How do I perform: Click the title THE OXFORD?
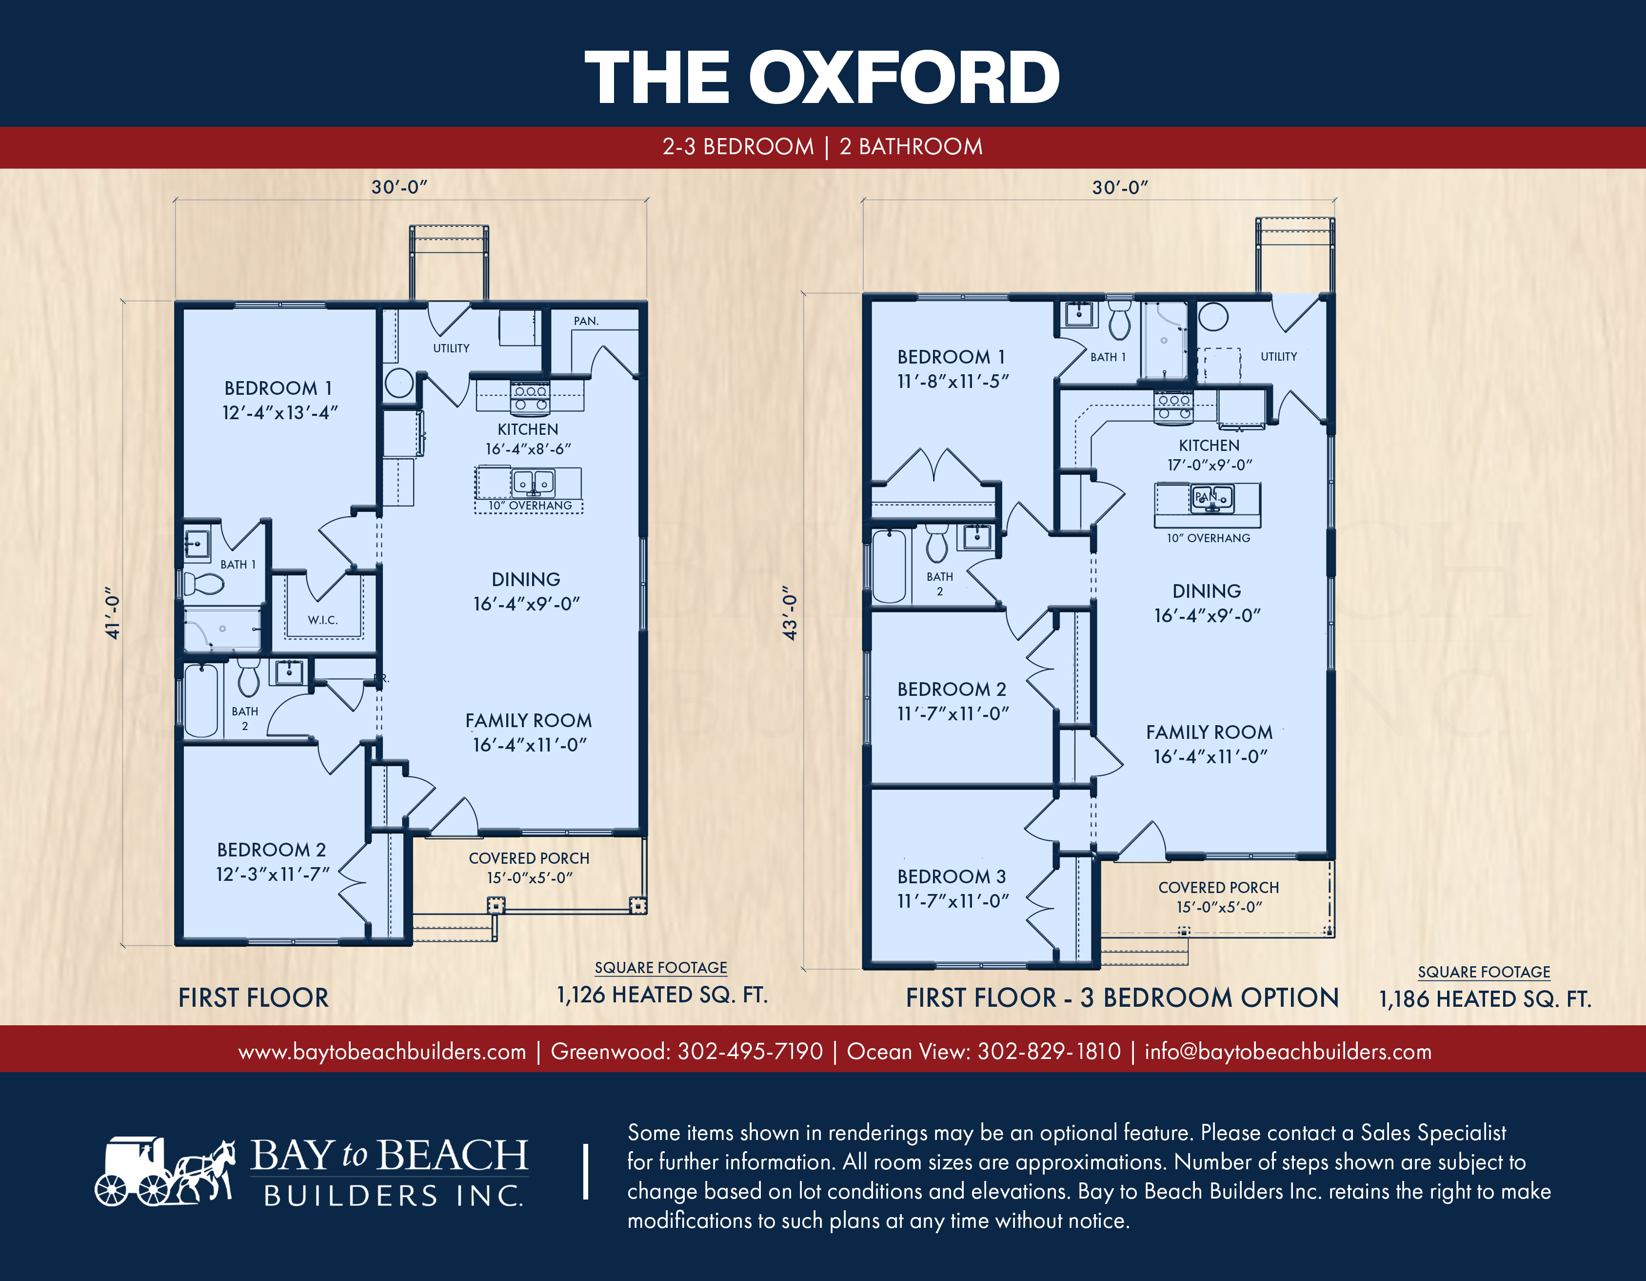[822, 77]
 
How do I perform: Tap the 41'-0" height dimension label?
[112, 613]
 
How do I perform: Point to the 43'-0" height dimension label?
[789, 613]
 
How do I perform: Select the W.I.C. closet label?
[322, 620]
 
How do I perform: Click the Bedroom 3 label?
[951, 876]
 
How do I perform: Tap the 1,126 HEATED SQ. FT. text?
[662, 995]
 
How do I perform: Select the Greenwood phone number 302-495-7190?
[750, 1051]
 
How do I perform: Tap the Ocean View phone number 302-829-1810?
[1049, 1051]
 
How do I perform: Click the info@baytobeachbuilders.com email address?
[1288, 1051]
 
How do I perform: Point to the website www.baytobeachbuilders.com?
[382, 1052]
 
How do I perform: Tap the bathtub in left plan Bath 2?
[201, 700]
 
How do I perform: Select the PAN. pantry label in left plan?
[586, 321]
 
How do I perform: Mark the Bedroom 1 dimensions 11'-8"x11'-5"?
[952, 382]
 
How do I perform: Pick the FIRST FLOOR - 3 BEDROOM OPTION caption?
[1122, 997]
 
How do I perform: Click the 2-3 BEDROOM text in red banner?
[738, 146]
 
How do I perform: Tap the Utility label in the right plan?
[1279, 357]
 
